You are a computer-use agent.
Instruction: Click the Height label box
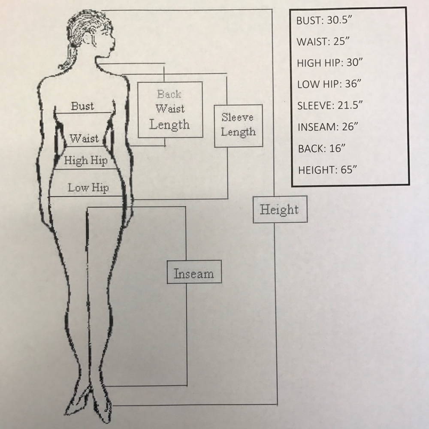click(x=280, y=209)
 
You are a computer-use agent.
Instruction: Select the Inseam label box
click(x=194, y=272)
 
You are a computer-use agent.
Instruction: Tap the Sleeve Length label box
click(x=238, y=126)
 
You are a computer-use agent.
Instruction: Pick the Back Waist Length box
click(x=170, y=109)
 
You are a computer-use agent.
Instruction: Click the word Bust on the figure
click(x=82, y=106)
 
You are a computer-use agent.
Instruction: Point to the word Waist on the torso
click(x=84, y=138)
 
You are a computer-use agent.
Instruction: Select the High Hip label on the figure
click(x=86, y=160)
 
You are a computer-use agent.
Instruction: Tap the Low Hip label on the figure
click(x=88, y=188)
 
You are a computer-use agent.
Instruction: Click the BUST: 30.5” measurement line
click(x=324, y=20)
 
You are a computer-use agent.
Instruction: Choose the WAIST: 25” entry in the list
click(x=323, y=41)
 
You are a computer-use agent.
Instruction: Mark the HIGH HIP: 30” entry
click(x=329, y=63)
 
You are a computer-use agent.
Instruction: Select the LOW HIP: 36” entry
click(x=329, y=84)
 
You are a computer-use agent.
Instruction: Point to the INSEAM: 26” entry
click(x=328, y=127)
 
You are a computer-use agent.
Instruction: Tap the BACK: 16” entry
click(x=322, y=148)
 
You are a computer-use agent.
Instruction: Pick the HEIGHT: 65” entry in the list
click(x=327, y=170)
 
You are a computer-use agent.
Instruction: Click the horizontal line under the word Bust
click(x=84, y=112)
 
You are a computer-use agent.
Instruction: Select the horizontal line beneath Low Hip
click(x=85, y=196)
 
